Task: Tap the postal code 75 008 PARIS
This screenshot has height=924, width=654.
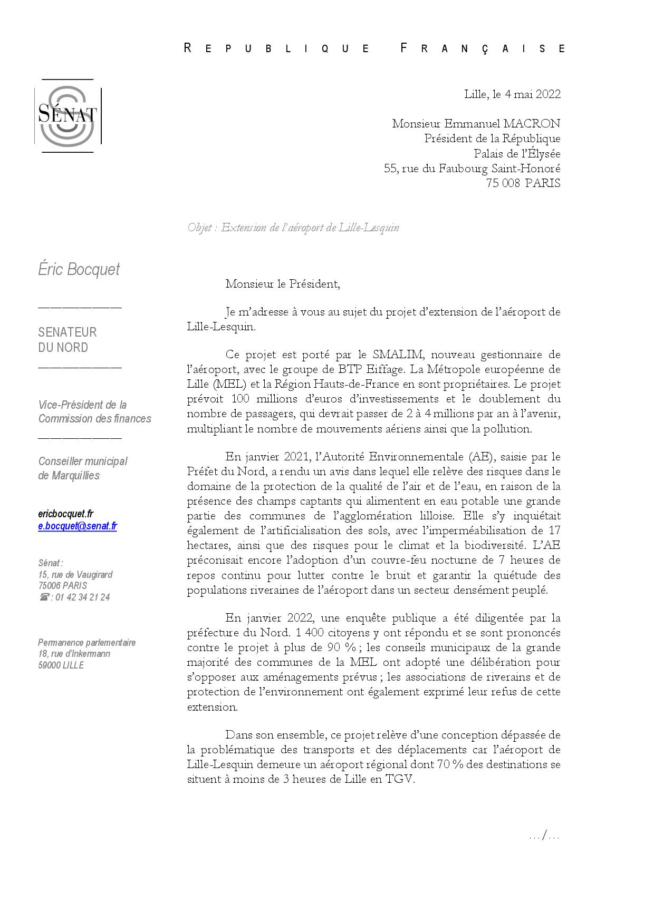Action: [x=523, y=183]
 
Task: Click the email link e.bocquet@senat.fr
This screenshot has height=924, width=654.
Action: [x=78, y=526]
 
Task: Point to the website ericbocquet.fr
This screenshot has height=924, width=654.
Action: [x=65, y=514]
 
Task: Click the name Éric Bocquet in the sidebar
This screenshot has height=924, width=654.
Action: [x=79, y=269]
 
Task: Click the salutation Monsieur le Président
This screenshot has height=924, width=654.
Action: [x=282, y=284]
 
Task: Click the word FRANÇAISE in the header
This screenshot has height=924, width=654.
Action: [x=483, y=48]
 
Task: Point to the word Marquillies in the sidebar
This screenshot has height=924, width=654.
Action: [x=75, y=476]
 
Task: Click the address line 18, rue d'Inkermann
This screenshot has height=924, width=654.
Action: [x=74, y=654]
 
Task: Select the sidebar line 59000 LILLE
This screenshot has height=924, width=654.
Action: [x=61, y=665]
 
